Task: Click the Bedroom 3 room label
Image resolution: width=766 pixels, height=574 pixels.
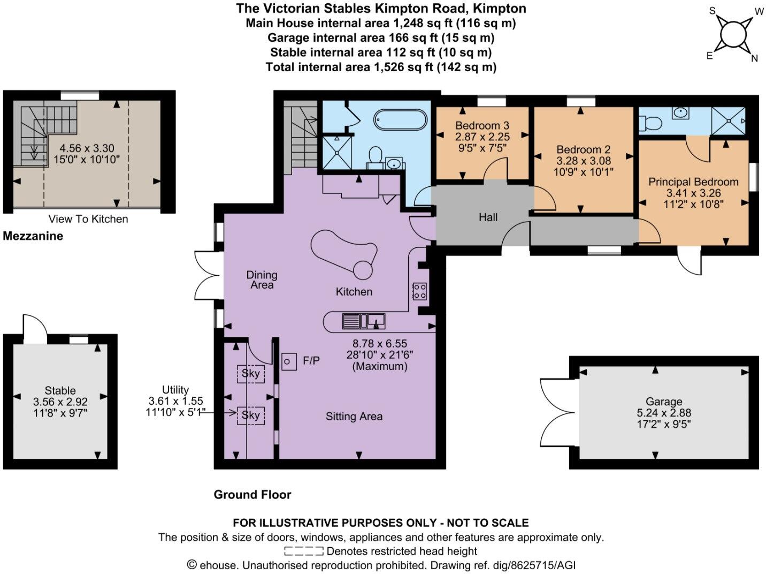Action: [x=482, y=125]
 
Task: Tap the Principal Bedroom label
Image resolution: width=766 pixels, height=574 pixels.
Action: [x=693, y=182]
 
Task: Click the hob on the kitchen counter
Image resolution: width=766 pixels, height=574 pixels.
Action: [x=419, y=291]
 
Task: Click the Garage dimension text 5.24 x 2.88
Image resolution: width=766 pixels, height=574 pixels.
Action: [x=664, y=413]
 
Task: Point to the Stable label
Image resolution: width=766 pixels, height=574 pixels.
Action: [x=60, y=390]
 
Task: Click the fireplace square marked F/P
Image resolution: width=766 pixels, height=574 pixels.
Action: [x=289, y=361]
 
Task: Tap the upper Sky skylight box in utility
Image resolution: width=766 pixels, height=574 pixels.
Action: [x=250, y=373]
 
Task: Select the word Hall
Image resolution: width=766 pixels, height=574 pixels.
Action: [x=488, y=217]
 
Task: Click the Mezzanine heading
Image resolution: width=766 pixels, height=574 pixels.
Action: [x=33, y=236]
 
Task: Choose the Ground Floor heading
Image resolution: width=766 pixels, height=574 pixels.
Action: [x=252, y=494]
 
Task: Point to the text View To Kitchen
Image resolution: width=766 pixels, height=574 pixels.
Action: [x=88, y=218]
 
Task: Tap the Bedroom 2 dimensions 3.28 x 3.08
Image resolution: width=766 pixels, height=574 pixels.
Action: [x=583, y=161]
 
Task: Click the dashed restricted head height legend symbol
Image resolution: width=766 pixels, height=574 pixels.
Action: [x=303, y=551]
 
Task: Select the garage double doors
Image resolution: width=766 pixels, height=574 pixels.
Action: [x=556, y=412]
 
